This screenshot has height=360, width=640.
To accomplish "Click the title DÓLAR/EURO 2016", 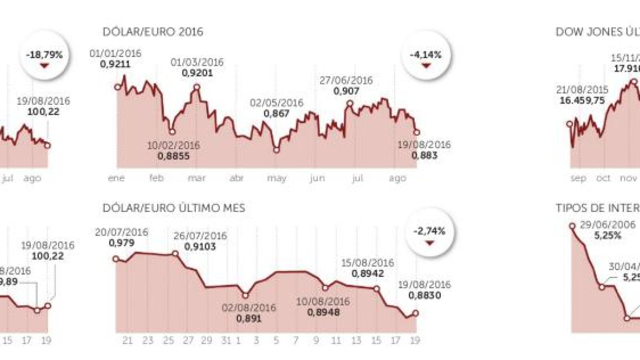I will click(153, 32).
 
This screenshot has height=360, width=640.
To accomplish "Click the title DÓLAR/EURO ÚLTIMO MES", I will click(174, 208).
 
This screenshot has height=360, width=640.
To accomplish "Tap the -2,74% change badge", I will click(430, 232).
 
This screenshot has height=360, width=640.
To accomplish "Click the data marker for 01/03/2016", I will click(196, 87).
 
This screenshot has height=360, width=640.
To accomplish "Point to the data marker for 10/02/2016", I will click(172, 132).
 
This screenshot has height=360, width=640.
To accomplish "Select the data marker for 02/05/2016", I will click(276, 150).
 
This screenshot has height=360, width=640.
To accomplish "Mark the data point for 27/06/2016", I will click(350, 104).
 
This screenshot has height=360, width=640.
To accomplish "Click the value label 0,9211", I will click(115, 64).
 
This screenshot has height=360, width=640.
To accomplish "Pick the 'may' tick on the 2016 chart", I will click(277, 178).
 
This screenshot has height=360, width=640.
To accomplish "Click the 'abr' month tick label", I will click(237, 178).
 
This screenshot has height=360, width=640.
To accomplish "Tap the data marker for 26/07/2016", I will click(175, 254).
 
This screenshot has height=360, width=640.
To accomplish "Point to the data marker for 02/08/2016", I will click(246, 295).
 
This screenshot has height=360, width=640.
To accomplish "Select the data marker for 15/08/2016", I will click(376, 288).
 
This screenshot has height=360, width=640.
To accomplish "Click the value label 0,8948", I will click(323, 312).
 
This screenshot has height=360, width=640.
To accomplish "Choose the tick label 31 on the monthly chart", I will click(226, 340).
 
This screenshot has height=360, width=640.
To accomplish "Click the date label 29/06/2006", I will click(608, 225).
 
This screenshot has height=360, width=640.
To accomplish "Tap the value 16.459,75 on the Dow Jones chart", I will click(582, 100).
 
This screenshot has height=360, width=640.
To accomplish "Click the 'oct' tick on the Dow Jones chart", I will click(603, 178).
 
